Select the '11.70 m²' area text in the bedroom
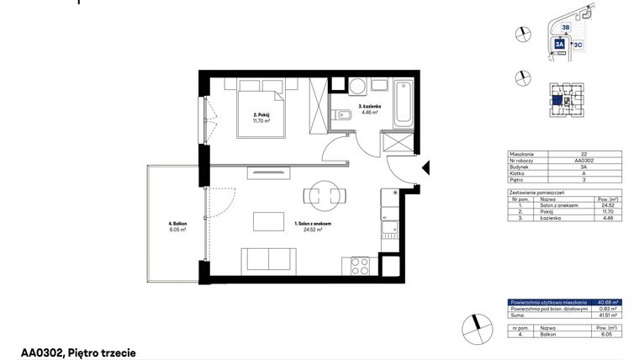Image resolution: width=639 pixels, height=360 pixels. click(x=261, y=121)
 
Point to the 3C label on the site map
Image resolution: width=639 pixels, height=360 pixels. click(x=578, y=44)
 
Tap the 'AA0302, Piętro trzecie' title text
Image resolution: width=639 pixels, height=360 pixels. click(x=78, y=353)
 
